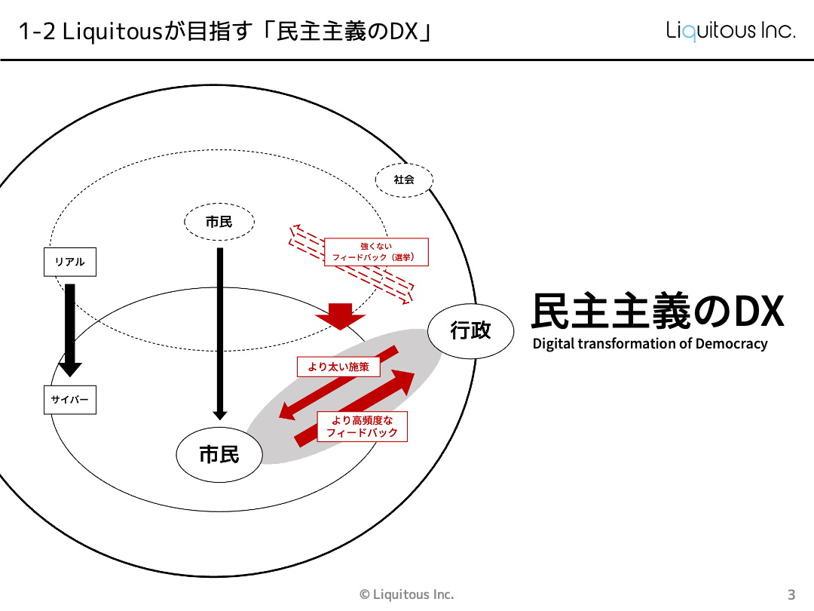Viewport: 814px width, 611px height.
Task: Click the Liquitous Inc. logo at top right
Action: point(730,31)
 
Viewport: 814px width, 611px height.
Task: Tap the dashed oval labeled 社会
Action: point(405,180)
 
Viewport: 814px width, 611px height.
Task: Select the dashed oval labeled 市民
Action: point(219,221)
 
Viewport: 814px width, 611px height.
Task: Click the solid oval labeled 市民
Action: point(219,454)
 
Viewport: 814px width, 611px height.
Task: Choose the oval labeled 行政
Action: point(471,330)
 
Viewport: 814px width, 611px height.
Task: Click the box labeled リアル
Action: point(69,262)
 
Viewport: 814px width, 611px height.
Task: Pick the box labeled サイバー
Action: point(69,400)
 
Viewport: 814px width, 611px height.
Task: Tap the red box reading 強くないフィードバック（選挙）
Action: point(376,252)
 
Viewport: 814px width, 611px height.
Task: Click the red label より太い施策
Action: point(338,367)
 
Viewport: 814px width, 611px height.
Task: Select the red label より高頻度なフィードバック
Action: point(362,426)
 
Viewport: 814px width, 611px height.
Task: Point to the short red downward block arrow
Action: point(340,316)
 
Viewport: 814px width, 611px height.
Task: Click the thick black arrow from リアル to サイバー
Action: point(70,329)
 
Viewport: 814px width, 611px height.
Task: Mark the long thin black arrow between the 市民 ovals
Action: point(220,332)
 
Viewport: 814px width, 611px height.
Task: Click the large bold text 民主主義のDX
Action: point(657,311)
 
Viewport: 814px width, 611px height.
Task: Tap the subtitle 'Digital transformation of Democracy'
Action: point(650,344)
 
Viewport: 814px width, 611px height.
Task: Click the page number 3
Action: point(791,594)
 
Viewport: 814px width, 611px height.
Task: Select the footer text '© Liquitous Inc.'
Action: point(407,594)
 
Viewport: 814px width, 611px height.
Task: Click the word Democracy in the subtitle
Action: point(731,344)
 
